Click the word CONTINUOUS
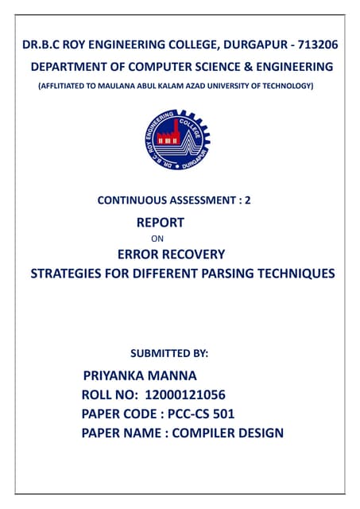130,202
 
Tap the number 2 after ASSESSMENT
248,202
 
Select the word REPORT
160,223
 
